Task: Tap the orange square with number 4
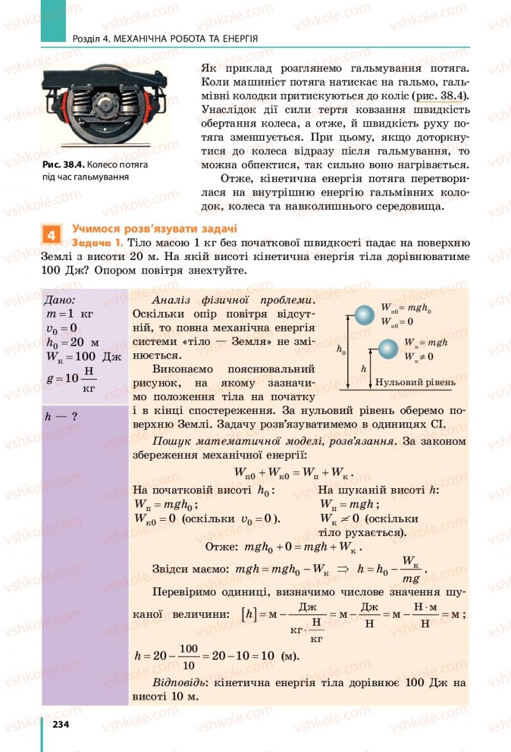[x=51, y=234]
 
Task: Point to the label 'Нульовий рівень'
[x=415, y=383]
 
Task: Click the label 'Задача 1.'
[x=98, y=243]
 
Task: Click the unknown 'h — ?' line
[x=61, y=417]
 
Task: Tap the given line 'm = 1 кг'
[x=70, y=315]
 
